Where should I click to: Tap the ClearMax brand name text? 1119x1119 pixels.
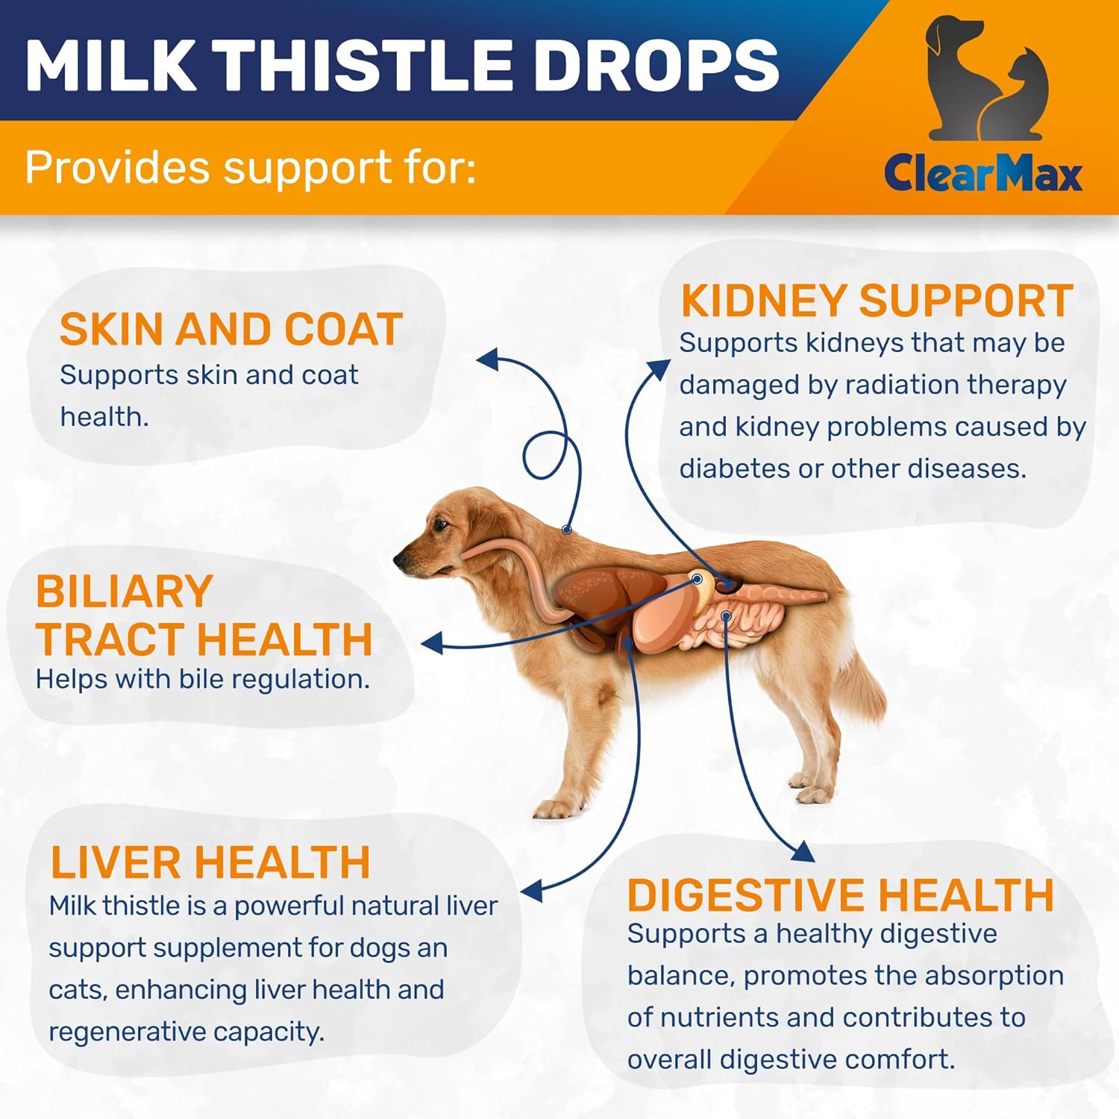point(982,173)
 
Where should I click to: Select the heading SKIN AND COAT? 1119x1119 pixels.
point(231,329)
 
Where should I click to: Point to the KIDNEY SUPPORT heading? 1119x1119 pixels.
point(877,301)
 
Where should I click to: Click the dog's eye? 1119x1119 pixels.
point(441,525)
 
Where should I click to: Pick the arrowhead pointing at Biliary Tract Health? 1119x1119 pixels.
point(432,643)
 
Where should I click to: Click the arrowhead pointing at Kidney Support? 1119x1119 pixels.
point(659,369)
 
